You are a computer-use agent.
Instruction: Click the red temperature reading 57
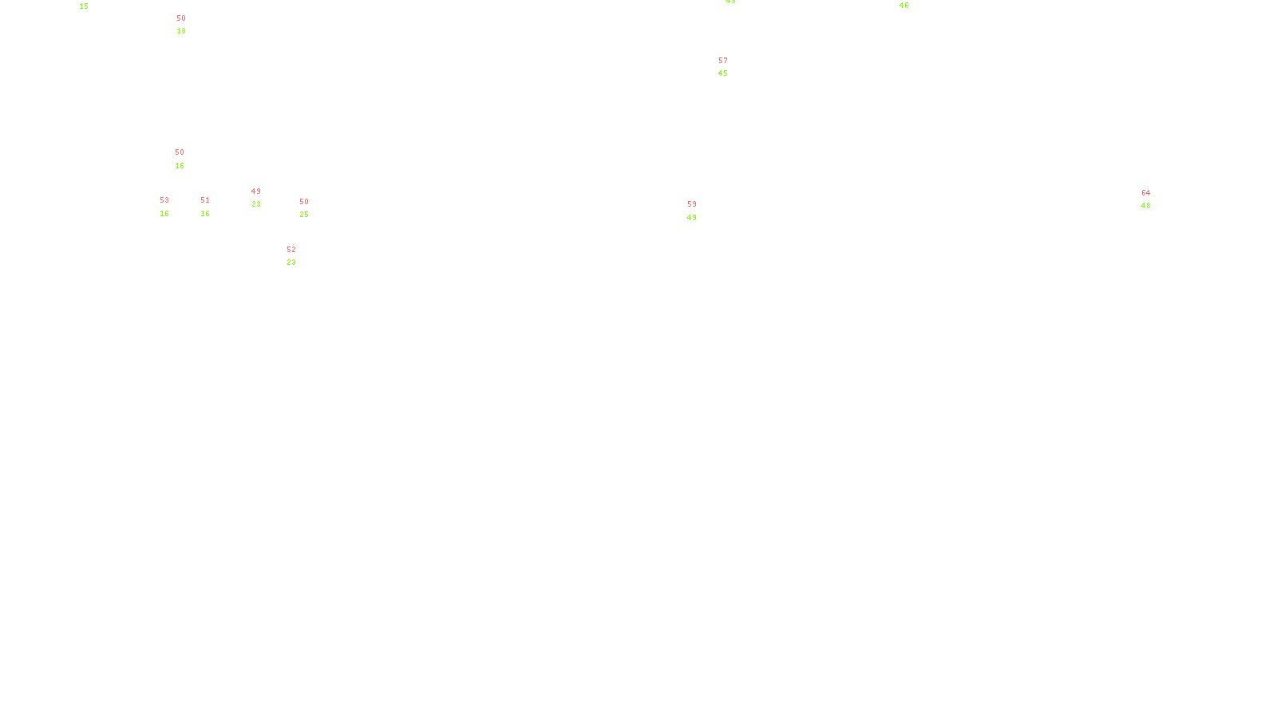click(723, 61)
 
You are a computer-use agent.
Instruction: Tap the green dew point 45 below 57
click(723, 73)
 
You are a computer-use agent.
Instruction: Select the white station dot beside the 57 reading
click(730, 68)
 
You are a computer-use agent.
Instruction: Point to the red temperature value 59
click(692, 204)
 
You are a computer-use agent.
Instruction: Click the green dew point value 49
click(692, 218)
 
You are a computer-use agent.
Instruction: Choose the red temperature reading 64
click(1146, 193)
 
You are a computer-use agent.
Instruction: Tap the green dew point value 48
click(1146, 206)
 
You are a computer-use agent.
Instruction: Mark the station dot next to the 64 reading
click(1153, 199)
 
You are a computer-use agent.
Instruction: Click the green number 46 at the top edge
click(903, 6)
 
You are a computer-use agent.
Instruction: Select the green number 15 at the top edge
click(84, 6)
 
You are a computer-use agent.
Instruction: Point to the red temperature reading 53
click(164, 200)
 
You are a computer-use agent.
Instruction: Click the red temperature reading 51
click(205, 200)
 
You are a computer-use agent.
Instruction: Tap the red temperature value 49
click(256, 191)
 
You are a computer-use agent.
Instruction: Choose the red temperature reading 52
click(291, 250)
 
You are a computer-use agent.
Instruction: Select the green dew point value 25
click(304, 215)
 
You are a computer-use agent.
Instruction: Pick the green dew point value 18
click(181, 31)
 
